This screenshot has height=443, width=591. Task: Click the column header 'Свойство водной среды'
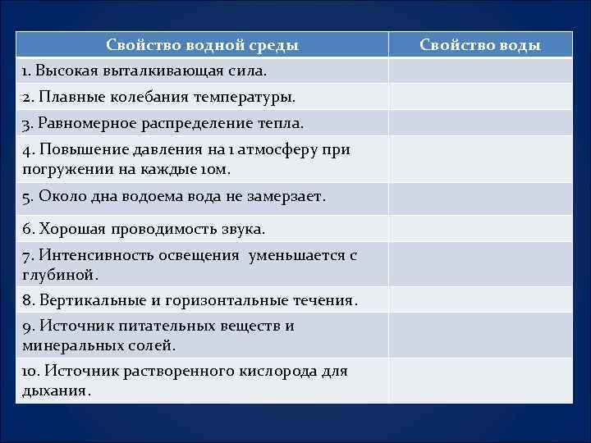click(202, 45)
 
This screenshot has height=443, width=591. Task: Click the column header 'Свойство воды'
click(480, 45)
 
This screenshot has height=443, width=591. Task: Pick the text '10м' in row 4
click(215, 170)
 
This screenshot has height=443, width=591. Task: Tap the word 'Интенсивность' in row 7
click(90, 255)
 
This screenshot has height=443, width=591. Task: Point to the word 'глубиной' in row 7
click(58, 275)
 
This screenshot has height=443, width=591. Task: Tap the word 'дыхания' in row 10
click(54, 390)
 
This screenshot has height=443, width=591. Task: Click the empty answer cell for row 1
click(480, 71)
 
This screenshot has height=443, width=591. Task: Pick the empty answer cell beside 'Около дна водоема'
click(480, 198)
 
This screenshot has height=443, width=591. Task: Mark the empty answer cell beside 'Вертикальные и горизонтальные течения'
click(480, 299)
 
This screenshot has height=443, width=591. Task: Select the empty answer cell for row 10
click(480, 380)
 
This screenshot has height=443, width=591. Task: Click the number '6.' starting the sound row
click(28, 228)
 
